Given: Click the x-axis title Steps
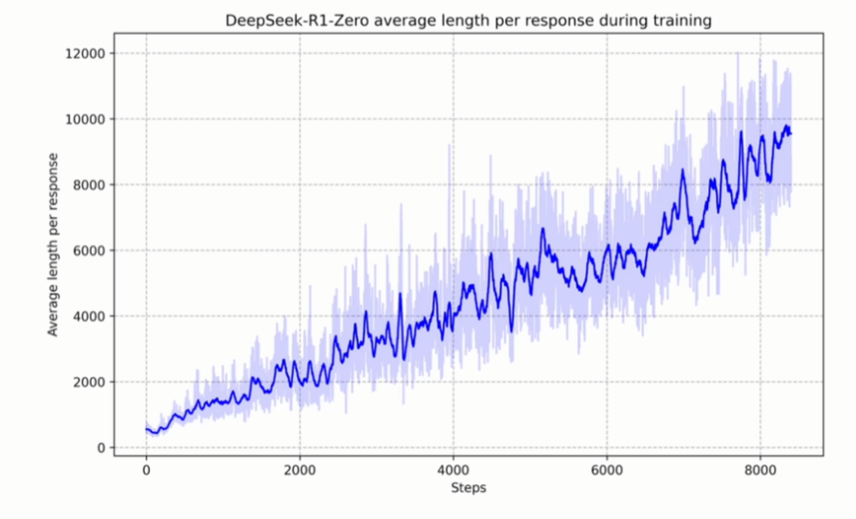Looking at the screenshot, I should (468, 488).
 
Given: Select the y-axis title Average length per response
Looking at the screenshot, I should (54, 245).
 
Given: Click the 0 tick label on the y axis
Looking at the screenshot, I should (101, 447).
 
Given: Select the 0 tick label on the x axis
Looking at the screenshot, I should (146, 471).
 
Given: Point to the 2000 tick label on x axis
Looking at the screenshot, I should (299, 471).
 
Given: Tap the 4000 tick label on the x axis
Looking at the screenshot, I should (453, 471).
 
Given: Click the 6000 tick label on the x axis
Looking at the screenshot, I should (606, 471).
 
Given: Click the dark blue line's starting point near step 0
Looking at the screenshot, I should (147, 428).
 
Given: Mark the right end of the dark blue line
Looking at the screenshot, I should (791, 133).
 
